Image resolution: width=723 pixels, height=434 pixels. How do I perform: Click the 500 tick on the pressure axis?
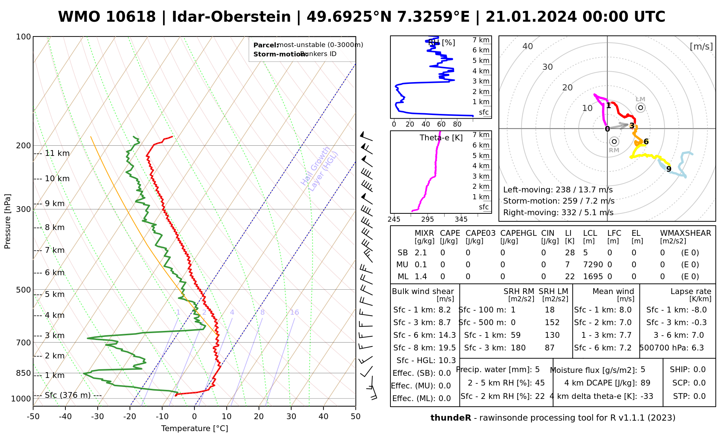(x=24, y=290)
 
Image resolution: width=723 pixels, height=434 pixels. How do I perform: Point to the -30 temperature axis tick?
(x=98, y=417)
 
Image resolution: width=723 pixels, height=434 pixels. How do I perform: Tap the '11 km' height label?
(x=57, y=153)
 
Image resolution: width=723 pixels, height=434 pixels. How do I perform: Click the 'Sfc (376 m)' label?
(x=68, y=395)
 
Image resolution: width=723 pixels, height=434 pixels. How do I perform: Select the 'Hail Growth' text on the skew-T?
(x=316, y=166)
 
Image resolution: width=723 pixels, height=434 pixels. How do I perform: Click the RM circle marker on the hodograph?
(x=614, y=141)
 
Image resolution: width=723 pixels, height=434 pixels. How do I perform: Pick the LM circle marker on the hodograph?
(x=641, y=107)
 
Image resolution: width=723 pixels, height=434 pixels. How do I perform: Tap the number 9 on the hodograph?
(x=669, y=169)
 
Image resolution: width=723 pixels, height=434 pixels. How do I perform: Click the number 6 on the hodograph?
(x=646, y=142)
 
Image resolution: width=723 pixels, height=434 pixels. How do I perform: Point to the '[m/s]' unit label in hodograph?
(x=701, y=46)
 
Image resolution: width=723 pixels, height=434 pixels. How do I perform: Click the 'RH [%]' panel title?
(x=441, y=43)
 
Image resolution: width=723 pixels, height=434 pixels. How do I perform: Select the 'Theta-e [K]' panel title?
(x=441, y=138)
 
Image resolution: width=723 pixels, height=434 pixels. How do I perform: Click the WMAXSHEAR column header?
(x=685, y=233)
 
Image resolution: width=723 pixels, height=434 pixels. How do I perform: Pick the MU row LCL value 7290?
(x=593, y=265)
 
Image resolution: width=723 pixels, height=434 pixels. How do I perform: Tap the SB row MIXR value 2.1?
(x=421, y=253)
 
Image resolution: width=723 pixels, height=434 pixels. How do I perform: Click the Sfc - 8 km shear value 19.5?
(x=447, y=348)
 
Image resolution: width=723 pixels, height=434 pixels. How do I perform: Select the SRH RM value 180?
(x=518, y=348)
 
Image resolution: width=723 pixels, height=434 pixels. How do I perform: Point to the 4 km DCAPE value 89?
(x=645, y=383)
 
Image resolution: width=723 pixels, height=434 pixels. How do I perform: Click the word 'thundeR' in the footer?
(x=451, y=418)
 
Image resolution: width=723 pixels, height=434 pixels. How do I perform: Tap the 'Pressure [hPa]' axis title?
(x=8, y=221)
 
